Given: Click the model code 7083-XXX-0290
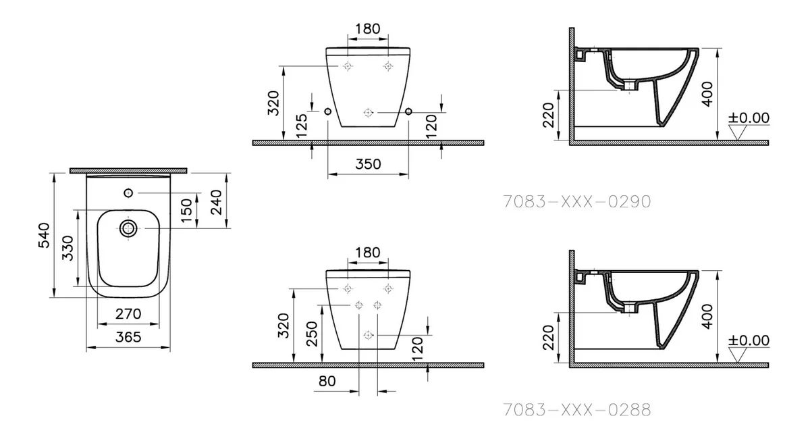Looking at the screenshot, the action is pyautogui.click(x=577, y=201).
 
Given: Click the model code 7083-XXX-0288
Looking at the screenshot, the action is pyautogui.click(x=577, y=410).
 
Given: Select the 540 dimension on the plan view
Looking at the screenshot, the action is pyautogui.click(x=44, y=235).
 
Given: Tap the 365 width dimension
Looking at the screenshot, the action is pyautogui.click(x=128, y=337).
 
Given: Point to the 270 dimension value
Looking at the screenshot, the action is pyautogui.click(x=128, y=314).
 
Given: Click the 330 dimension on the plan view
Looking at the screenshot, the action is pyautogui.click(x=67, y=248).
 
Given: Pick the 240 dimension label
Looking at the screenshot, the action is pyautogui.click(x=216, y=203).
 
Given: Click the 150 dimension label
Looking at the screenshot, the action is pyautogui.click(x=186, y=211).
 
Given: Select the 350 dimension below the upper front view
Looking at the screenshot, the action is pyautogui.click(x=368, y=164).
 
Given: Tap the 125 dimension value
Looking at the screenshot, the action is pyautogui.click(x=302, y=126).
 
